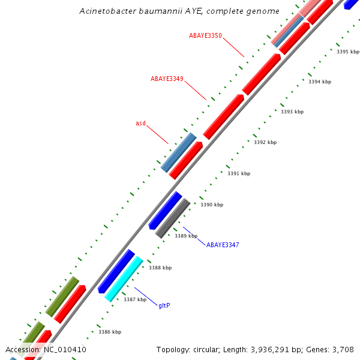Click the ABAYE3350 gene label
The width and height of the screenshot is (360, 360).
point(205,35)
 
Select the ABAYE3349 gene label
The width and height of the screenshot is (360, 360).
point(167,79)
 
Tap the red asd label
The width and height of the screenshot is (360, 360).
point(140,123)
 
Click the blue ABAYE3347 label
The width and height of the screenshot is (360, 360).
point(223,245)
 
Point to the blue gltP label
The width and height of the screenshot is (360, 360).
point(164,305)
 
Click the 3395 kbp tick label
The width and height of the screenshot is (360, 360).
point(347,52)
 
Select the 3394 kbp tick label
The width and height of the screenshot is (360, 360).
point(319,82)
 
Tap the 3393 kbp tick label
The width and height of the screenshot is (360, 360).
point(292,112)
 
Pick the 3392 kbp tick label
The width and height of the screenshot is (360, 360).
point(265,142)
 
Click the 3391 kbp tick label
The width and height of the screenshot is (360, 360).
point(238,173)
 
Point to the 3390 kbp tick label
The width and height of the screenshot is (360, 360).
point(211,205)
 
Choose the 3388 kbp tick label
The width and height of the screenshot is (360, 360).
point(160,268)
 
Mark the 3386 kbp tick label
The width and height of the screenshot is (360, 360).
point(110,332)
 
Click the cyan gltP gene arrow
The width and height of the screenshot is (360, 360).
point(124,278)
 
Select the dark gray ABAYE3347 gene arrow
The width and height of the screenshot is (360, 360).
point(173,218)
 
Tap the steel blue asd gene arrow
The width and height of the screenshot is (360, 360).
point(178,152)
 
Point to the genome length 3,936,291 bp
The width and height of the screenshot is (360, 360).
point(274,350)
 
